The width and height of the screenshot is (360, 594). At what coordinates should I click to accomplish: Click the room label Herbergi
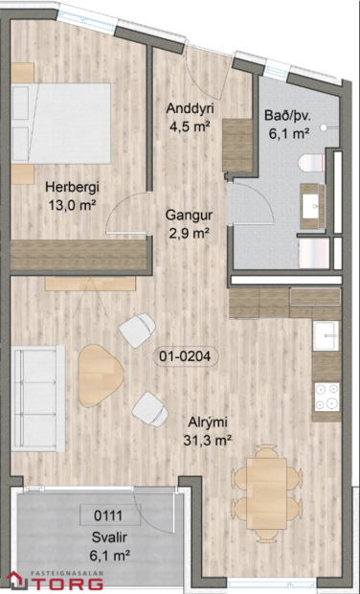click(71, 188)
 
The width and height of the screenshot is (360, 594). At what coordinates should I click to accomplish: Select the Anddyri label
click(188, 106)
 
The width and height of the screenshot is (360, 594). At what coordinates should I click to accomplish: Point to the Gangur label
click(188, 216)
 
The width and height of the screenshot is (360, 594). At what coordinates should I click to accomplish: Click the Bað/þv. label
click(286, 117)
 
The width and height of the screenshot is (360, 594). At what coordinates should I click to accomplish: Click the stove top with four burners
click(326, 395)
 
